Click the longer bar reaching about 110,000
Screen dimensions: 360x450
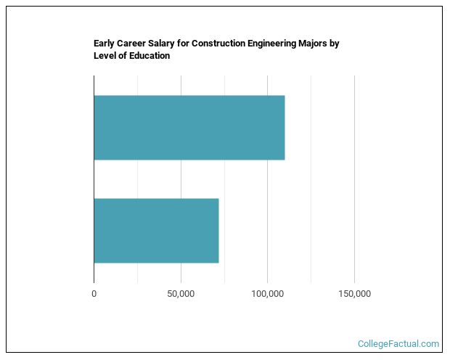(x=189, y=128)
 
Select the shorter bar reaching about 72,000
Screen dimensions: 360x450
(x=156, y=230)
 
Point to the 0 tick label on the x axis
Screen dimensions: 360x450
(x=94, y=294)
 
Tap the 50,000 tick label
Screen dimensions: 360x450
(x=181, y=294)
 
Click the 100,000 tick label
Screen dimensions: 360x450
(x=267, y=294)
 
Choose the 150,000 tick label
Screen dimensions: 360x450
(x=354, y=294)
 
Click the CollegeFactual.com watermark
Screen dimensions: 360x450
(x=398, y=344)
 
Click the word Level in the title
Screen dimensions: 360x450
(x=105, y=56)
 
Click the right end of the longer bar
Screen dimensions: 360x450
(x=283, y=128)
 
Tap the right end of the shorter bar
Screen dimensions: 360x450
(x=217, y=230)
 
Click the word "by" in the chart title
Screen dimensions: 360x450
(x=335, y=44)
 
